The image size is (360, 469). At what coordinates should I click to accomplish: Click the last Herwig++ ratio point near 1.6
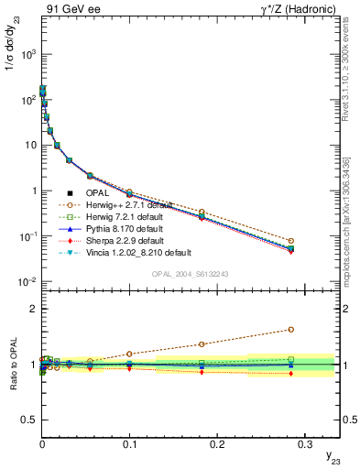point(290,330)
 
